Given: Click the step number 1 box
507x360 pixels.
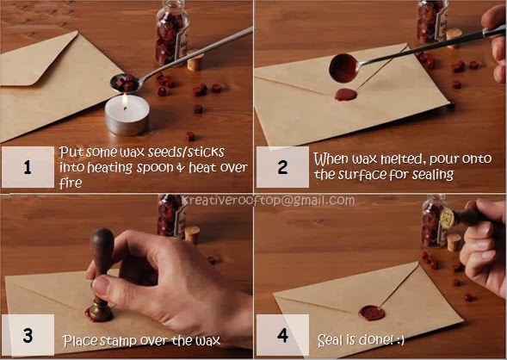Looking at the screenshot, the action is click(x=28, y=167).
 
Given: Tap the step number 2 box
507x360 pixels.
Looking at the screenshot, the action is click(x=282, y=167).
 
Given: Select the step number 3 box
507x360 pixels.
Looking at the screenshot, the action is click(x=28, y=335).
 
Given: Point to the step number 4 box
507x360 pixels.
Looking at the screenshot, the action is click(x=282, y=335).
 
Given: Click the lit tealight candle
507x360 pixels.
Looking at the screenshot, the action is click(x=127, y=115).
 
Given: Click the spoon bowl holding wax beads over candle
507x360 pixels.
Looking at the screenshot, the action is click(x=126, y=83).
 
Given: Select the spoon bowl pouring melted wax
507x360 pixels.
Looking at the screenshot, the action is click(x=344, y=68).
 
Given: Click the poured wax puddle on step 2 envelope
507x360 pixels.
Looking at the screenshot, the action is click(x=346, y=95).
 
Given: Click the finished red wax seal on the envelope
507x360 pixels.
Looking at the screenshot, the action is click(x=372, y=313).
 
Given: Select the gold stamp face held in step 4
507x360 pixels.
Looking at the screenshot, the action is click(x=448, y=219).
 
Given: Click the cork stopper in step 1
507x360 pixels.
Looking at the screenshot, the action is click(x=195, y=62).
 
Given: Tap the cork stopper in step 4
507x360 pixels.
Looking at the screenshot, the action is click(x=454, y=242).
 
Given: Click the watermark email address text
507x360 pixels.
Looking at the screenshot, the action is click(x=268, y=201).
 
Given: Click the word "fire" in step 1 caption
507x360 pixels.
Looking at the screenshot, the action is click(x=71, y=183).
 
